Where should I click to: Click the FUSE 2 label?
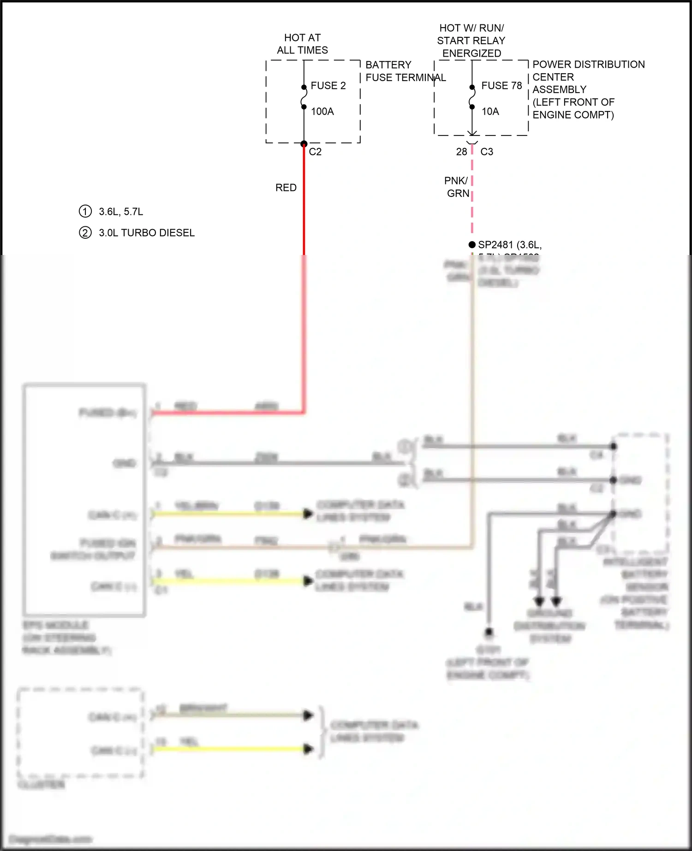[x=328, y=86]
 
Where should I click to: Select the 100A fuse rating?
[x=322, y=112]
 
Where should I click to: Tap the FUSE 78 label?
[x=501, y=86]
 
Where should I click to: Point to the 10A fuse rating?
[x=490, y=112]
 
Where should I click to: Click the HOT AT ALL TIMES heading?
[x=302, y=44]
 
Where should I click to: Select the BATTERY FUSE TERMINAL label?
[x=406, y=71]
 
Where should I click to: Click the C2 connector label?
[x=315, y=152]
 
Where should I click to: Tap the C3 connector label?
[x=487, y=152]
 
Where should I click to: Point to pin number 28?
[x=461, y=152]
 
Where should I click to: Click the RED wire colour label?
[x=286, y=188]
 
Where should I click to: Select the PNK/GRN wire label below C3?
[x=457, y=187]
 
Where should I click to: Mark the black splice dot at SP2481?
[x=472, y=244]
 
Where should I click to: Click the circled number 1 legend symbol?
[x=85, y=212]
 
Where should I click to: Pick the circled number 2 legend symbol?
[x=85, y=233]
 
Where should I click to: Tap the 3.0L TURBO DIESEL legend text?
[x=147, y=233]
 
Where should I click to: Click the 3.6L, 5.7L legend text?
[x=121, y=212]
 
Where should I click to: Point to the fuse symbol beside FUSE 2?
[x=304, y=97]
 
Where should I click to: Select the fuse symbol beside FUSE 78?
[x=472, y=97]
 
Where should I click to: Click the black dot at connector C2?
[x=304, y=144]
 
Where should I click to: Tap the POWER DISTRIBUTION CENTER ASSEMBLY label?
[x=588, y=89]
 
